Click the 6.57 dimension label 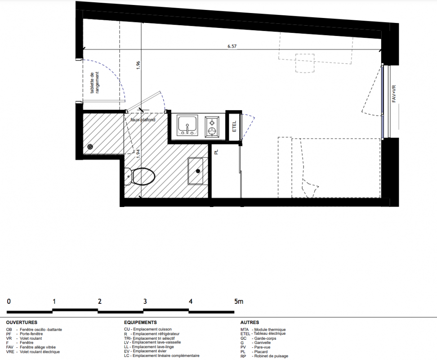(x=232, y=46)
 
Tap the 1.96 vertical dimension (x=138, y=65)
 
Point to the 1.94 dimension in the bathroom (x=137, y=153)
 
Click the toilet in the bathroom (x=140, y=176)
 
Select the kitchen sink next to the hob (x=187, y=126)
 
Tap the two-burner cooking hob (x=212, y=127)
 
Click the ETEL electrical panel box (x=234, y=126)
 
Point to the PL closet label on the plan (x=216, y=152)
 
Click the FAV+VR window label (x=394, y=94)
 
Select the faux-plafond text (x=143, y=120)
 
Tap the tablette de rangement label (x=94, y=82)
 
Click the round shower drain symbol (x=90, y=147)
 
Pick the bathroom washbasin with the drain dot (x=196, y=171)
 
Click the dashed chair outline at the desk (x=305, y=63)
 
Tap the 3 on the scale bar (x=145, y=301)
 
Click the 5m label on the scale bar (x=239, y=301)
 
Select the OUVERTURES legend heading (x=22, y=322)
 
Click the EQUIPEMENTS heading (x=140, y=322)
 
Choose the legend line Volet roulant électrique (x=33, y=351)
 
